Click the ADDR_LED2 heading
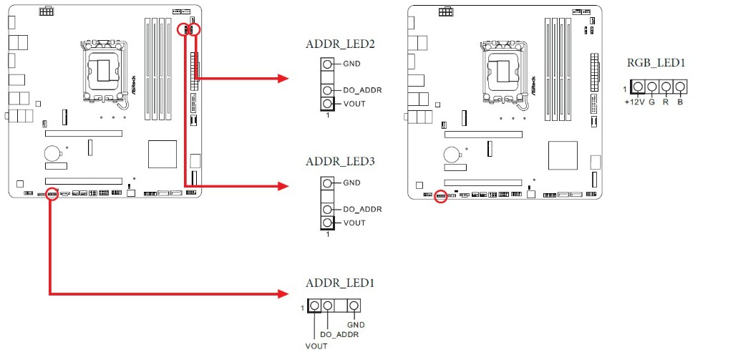340,44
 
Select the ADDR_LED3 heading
340,162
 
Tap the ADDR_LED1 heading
340,283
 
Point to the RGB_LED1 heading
656,63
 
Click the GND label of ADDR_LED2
351,64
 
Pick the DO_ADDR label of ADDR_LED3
362,210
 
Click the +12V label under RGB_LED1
634,102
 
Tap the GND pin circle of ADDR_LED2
327,64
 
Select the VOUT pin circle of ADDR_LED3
327,223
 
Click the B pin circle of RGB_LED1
679,87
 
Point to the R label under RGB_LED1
666,102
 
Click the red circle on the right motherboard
441,195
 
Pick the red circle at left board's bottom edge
52,195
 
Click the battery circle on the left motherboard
51,152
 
